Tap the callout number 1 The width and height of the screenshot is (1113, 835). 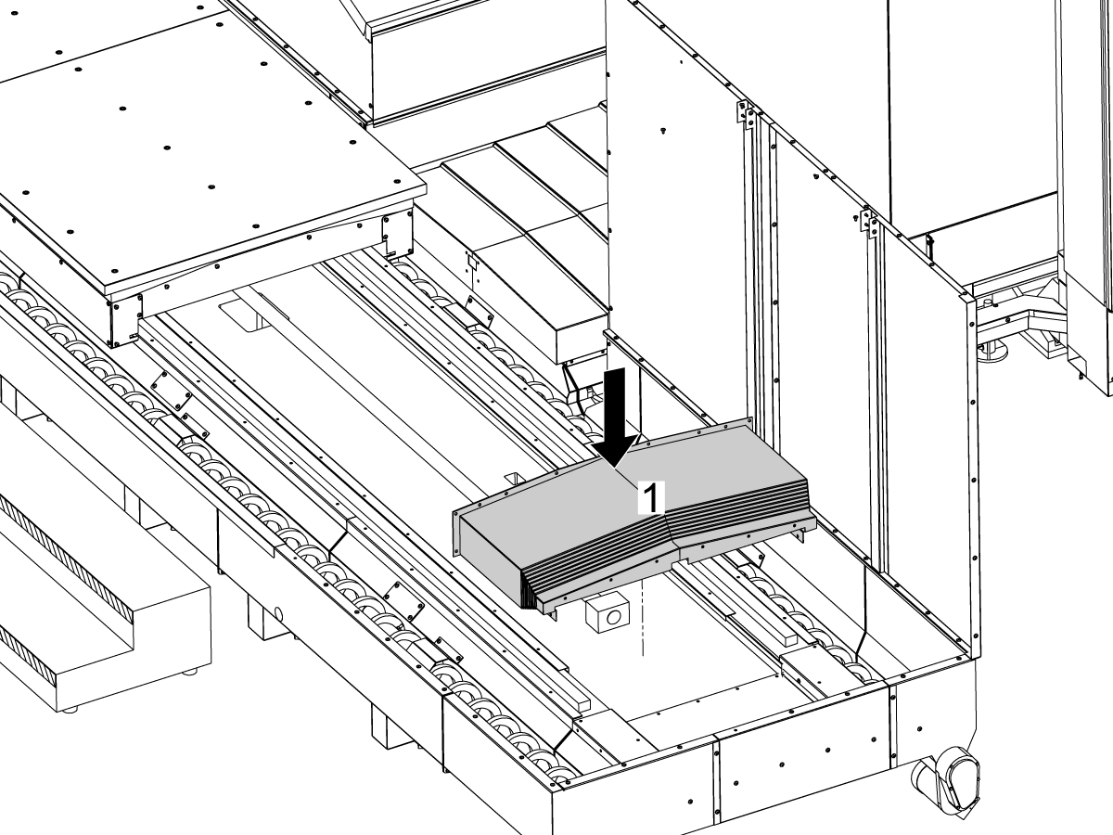tap(651, 498)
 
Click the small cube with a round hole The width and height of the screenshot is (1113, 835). tap(608, 613)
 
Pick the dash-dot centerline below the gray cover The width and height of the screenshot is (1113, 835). tap(643, 619)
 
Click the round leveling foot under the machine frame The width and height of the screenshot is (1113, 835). tap(992, 351)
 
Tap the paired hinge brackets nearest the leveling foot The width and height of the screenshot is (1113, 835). tap(868, 221)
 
